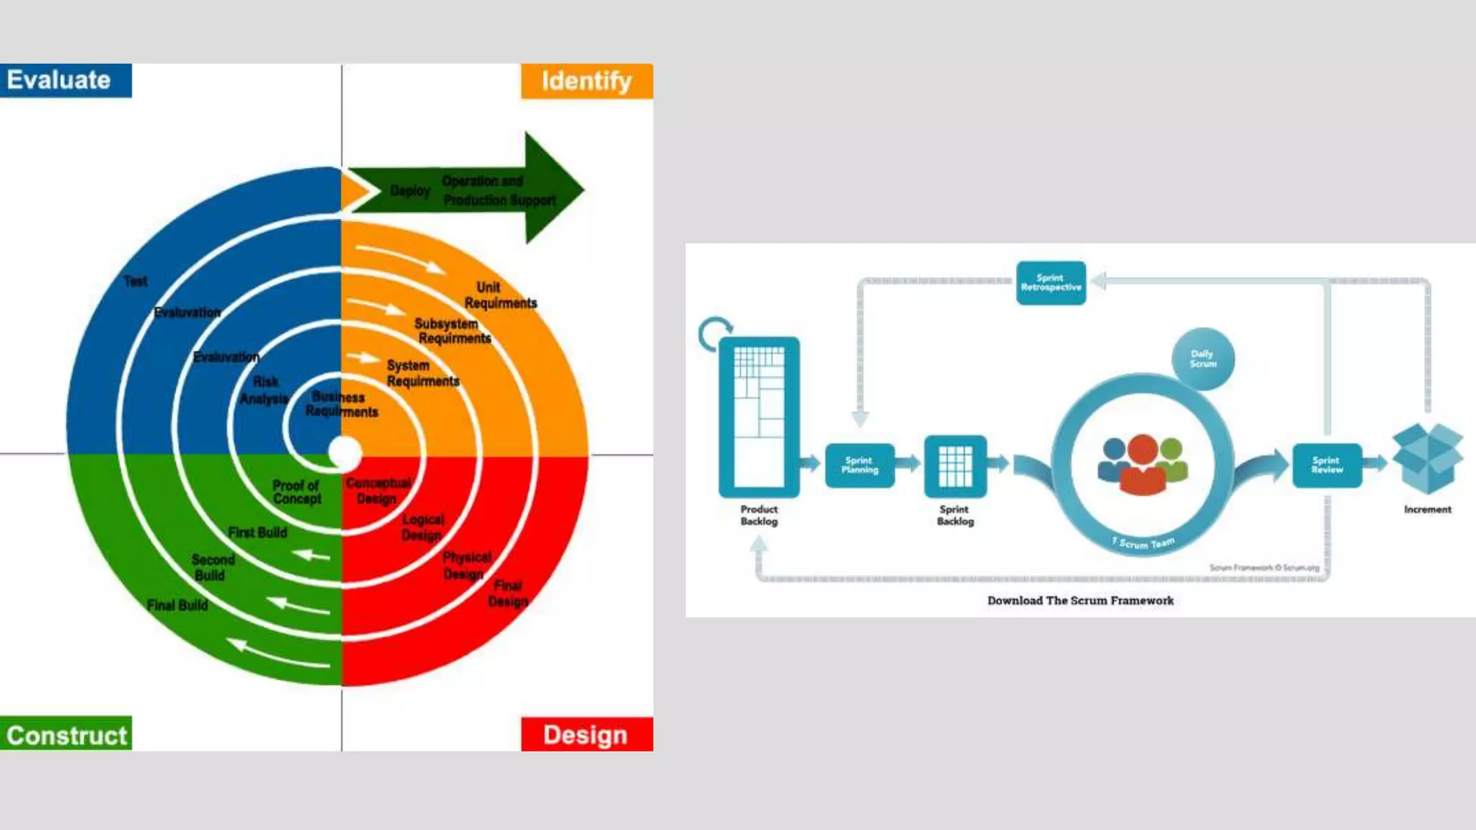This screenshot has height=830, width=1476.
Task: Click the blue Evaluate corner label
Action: tap(66, 80)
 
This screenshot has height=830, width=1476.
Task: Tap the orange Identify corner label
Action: tap(587, 81)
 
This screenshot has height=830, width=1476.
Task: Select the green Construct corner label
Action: tap(66, 734)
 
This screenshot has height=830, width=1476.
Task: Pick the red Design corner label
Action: tap(587, 734)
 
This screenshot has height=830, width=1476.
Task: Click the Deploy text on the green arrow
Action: tap(410, 191)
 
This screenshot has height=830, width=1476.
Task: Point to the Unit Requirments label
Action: tap(500, 295)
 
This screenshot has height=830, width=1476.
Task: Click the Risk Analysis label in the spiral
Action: tap(264, 390)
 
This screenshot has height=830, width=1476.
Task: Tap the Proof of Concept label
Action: tap(297, 492)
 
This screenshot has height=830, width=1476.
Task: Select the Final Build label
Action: tap(177, 605)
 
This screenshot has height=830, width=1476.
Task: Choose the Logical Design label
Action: tap(422, 527)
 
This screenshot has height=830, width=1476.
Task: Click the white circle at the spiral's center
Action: tap(344, 452)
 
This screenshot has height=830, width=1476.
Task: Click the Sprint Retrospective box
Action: tap(1051, 282)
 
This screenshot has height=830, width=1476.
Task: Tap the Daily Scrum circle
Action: tap(1203, 359)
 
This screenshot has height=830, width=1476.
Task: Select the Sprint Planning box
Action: tap(860, 465)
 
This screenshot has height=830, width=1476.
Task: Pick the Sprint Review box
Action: tap(1327, 465)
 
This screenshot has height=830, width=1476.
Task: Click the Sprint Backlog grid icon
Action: tap(956, 466)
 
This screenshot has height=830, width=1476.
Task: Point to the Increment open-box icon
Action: tap(1427, 458)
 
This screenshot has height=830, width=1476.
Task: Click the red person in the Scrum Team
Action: tap(1142, 465)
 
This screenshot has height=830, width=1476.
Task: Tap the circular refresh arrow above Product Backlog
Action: tap(714, 334)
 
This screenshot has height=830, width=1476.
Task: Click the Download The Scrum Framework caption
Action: tap(1080, 600)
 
